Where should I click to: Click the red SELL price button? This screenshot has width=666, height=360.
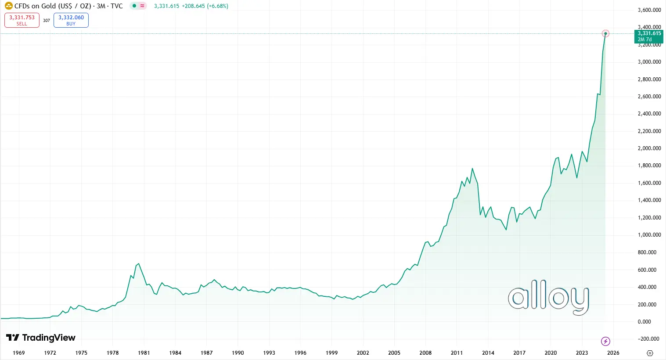[x=22, y=20]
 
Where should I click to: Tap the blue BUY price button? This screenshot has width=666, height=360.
[x=71, y=20]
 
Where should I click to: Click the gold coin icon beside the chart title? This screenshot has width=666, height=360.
[x=8, y=6]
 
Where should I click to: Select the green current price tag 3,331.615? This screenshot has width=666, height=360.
[x=649, y=36]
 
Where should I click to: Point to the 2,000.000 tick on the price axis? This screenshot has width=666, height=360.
[x=649, y=148]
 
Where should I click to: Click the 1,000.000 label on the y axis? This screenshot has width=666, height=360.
[x=649, y=235]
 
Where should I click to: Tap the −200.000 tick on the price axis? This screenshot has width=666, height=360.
[x=649, y=339]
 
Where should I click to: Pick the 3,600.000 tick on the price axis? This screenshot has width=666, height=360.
[x=649, y=10]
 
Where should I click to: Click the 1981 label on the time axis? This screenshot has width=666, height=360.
[x=144, y=353]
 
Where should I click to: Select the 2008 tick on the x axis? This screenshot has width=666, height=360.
[x=425, y=353]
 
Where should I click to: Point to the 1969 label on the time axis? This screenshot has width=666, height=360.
[x=19, y=353]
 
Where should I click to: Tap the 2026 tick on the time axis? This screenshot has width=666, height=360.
[x=613, y=353]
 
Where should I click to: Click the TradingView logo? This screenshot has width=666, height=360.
[x=41, y=338]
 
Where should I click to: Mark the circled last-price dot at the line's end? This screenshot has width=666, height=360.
[x=605, y=34]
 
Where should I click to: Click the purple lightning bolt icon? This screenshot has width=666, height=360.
[x=605, y=341]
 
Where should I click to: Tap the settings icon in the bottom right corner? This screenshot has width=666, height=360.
[x=650, y=353]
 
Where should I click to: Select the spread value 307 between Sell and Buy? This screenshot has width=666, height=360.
[x=47, y=21]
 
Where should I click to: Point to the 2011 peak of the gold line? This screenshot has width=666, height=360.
[x=472, y=169]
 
